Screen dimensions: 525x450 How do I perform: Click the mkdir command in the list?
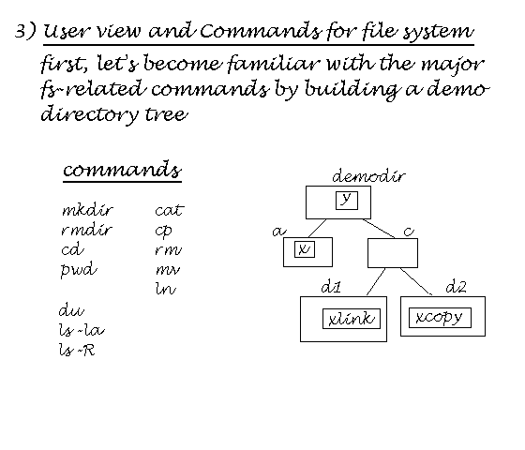[x=88, y=210]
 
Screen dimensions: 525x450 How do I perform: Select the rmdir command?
[x=86, y=230]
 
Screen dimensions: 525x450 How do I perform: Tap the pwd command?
[x=79, y=270]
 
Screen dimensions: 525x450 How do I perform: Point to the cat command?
[x=170, y=210]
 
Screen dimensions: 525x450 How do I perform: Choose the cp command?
[x=164, y=232]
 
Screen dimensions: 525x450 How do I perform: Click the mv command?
[x=168, y=270]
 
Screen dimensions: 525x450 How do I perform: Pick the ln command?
[x=165, y=289]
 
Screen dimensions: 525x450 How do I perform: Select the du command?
[x=71, y=310]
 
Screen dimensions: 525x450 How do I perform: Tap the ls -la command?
[x=82, y=330]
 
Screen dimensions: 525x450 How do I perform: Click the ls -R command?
[x=77, y=351]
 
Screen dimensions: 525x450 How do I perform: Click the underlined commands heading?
[x=122, y=170]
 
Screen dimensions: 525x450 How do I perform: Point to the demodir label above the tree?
[x=368, y=176]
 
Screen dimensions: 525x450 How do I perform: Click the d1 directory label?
[x=331, y=287]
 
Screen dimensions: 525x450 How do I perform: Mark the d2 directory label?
[x=456, y=287]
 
